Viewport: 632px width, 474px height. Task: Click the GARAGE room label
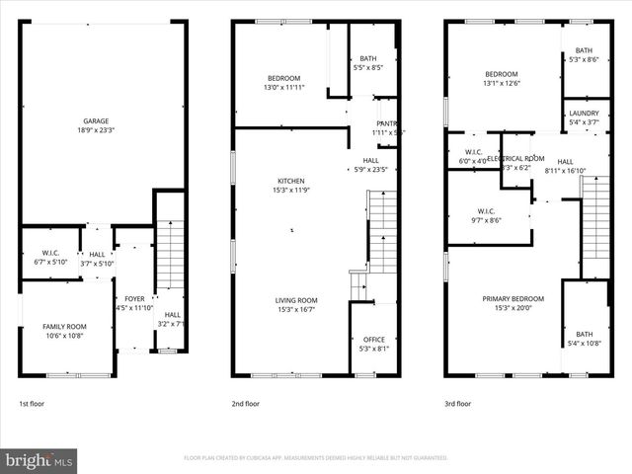coord(96,120)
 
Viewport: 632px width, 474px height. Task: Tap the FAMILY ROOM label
coord(63,326)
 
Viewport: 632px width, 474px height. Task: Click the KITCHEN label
coord(291,181)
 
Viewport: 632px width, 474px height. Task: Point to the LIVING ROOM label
coord(295,300)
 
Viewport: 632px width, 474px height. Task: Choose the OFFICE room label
coord(373,339)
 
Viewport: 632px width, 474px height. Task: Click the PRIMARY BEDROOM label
coord(513,298)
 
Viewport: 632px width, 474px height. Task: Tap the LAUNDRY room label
coord(584,114)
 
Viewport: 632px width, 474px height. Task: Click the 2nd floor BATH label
coord(368,58)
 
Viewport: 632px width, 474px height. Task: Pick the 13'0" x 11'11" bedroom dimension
coord(283,88)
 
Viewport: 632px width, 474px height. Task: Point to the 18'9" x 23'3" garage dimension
coord(96,129)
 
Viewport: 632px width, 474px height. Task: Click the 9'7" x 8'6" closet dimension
coord(486,220)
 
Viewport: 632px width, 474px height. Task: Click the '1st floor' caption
coord(32,404)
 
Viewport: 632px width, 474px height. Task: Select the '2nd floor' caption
coord(246,404)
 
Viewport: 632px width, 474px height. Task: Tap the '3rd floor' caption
coord(458,404)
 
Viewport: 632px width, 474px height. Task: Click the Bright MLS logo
coord(39,460)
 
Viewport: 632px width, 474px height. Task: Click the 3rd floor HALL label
coord(565,161)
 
